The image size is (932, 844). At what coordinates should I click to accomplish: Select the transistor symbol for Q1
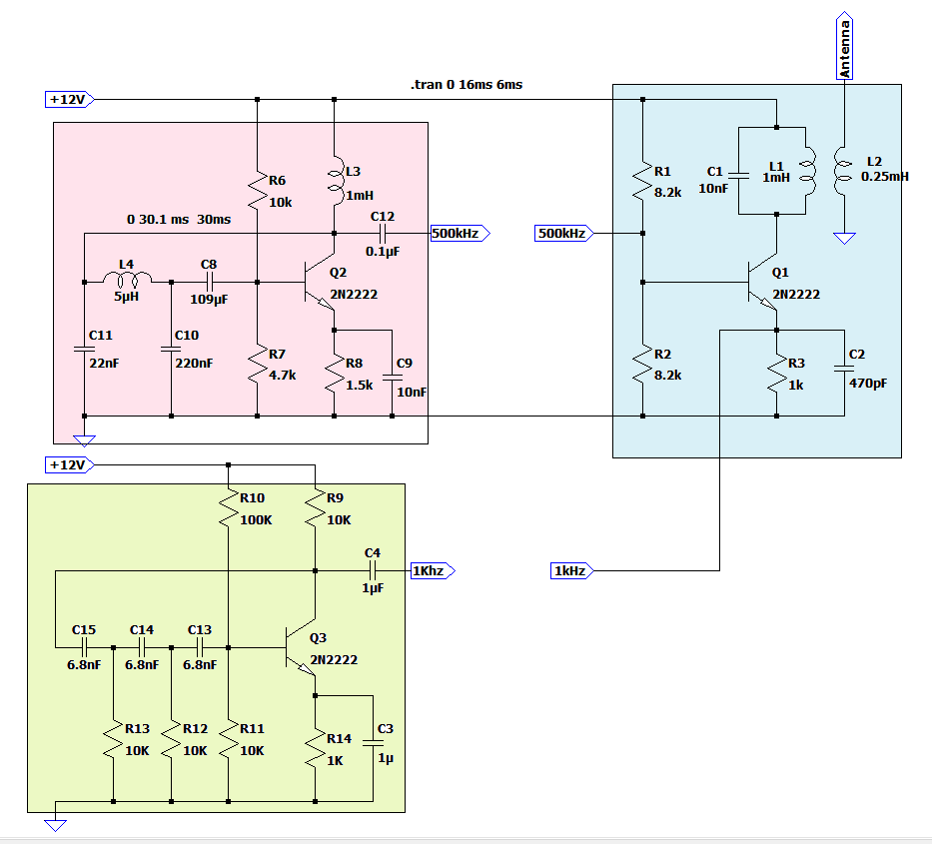click(x=763, y=283)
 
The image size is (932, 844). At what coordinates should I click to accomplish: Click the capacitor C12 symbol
click(x=382, y=234)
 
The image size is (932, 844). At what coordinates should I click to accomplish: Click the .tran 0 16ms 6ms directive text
click(x=466, y=85)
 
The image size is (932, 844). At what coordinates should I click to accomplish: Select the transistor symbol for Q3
click(x=301, y=648)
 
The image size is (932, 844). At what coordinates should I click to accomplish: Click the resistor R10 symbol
click(x=229, y=507)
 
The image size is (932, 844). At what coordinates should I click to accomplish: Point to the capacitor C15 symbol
click(x=84, y=647)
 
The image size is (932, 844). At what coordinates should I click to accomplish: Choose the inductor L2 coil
click(x=844, y=174)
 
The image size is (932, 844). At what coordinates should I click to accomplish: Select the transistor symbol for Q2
click(x=320, y=283)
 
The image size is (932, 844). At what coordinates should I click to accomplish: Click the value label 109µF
click(x=209, y=299)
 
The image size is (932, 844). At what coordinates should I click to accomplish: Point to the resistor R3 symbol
click(x=776, y=376)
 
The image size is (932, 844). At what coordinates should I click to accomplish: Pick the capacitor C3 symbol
click(x=374, y=742)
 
